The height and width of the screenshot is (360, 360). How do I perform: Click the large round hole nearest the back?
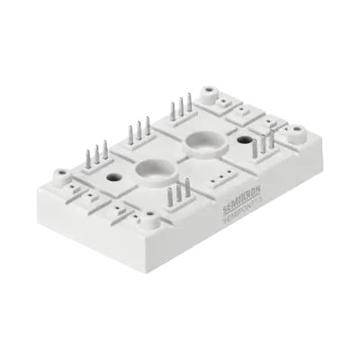(x=201, y=141)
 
